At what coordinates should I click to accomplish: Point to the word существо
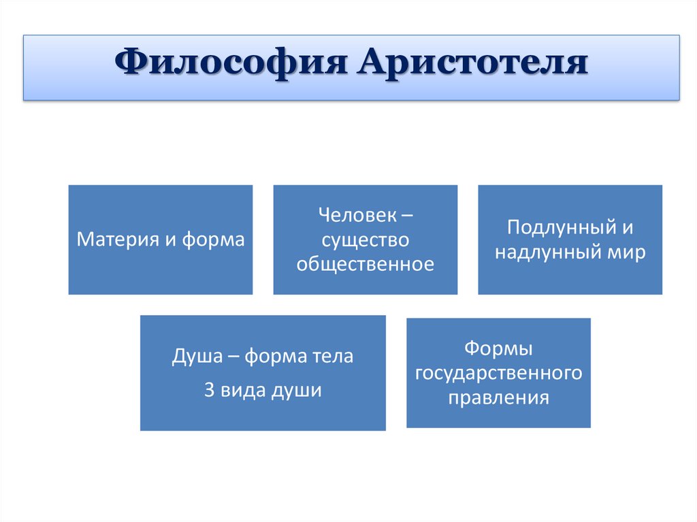[365, 240]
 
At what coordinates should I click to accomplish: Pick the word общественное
[365, 264]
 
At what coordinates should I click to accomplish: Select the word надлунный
[547, 252]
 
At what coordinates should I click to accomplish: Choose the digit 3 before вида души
[209, 392]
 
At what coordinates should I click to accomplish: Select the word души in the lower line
[299, 392]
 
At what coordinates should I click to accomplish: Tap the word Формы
[498, 349]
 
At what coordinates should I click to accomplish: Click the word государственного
[498, 374]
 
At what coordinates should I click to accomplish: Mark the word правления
[498, 397]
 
